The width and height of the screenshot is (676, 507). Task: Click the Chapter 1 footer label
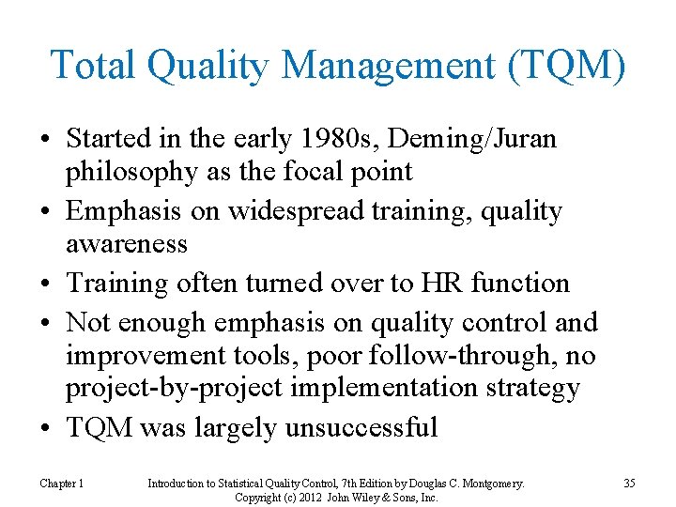click(62, 484)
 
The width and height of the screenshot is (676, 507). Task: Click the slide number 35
click(629, 484)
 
